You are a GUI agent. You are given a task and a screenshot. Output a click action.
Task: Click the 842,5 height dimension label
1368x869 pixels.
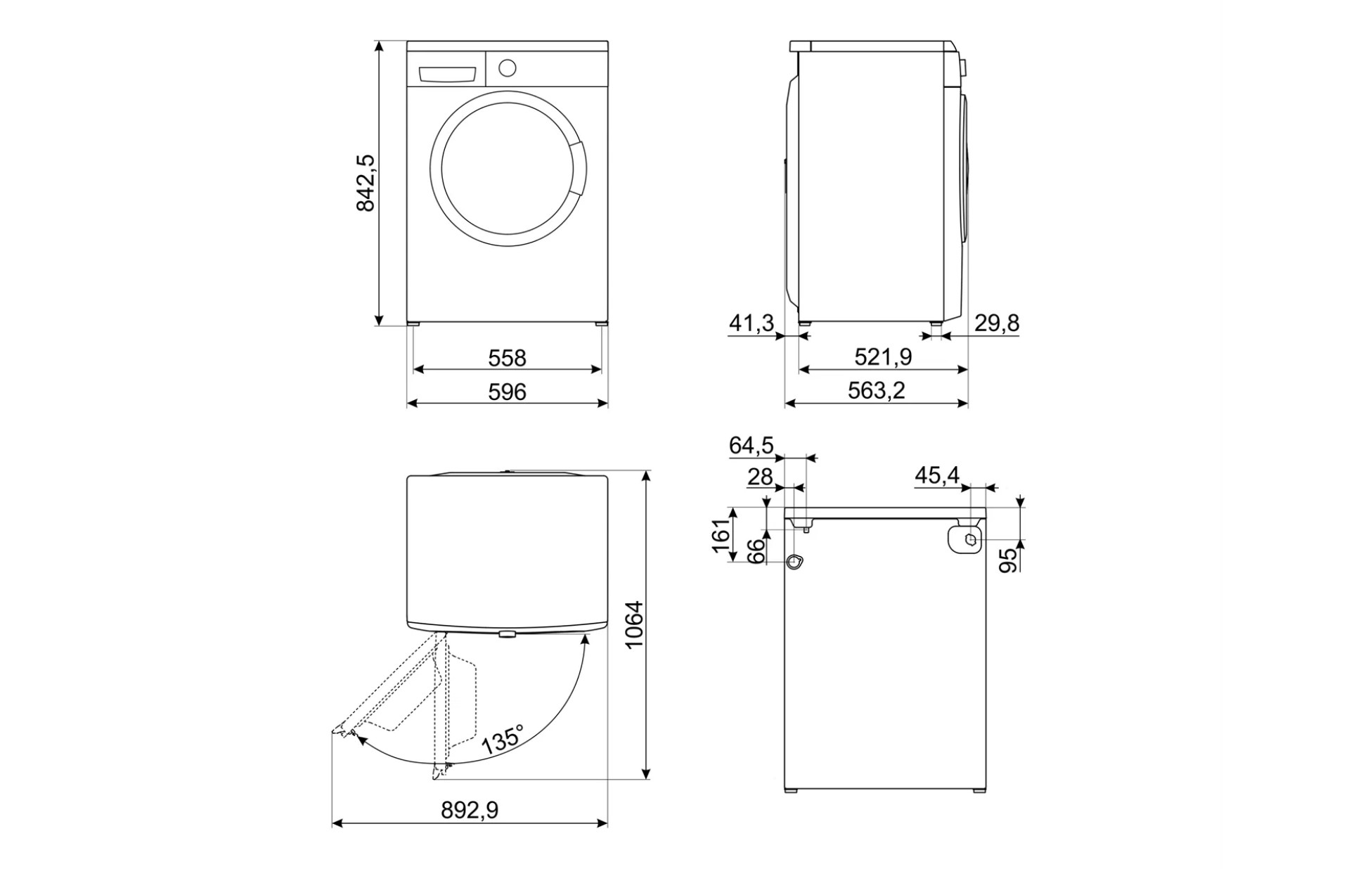coord(366,183)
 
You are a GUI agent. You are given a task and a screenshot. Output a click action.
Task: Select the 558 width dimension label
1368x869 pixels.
coord(507,358)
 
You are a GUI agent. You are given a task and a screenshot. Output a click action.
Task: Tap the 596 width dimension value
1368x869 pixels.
coord(507,392)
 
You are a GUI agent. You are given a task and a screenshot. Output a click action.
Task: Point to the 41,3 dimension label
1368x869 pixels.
coord(751,323)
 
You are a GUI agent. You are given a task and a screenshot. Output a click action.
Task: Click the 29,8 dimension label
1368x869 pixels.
coord(996,323)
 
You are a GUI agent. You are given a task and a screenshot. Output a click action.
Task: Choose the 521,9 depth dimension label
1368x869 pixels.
coord(883,357)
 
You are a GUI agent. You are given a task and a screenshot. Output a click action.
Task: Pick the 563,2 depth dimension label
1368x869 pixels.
coord(876,390)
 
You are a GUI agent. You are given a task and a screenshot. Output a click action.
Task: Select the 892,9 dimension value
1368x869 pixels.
coord(470,811)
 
